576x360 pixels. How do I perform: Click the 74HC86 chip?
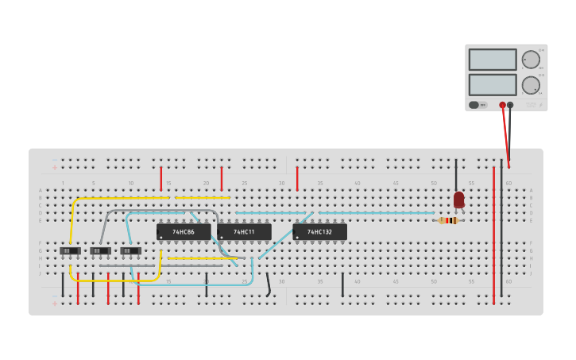coord(184,232)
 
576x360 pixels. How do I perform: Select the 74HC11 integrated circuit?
coord(244,232)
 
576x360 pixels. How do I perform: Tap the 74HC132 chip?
coord(319,232)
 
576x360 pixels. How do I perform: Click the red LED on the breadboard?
coord(458,199)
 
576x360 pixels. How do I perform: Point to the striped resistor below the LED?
coord(449,220)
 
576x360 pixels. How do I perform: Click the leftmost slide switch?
coord(70,251)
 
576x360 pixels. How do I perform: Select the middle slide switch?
coord(100,251)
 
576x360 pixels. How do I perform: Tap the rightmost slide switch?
coord(130,251)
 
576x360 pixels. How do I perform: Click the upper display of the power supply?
coord(493,60)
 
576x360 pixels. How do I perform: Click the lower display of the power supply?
coord(493,84)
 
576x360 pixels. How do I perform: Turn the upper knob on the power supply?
coord(531,60)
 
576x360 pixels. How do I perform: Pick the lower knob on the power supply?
coord(531,85)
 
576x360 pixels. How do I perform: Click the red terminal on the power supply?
coord(502,105)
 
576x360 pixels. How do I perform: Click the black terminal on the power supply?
coord(510,105)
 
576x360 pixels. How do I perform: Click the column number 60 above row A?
coord(508,184)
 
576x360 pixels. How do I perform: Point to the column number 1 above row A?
coord(63,184)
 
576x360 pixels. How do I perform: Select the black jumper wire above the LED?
coord(456,175)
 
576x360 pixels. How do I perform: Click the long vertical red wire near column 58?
coord(493,238)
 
